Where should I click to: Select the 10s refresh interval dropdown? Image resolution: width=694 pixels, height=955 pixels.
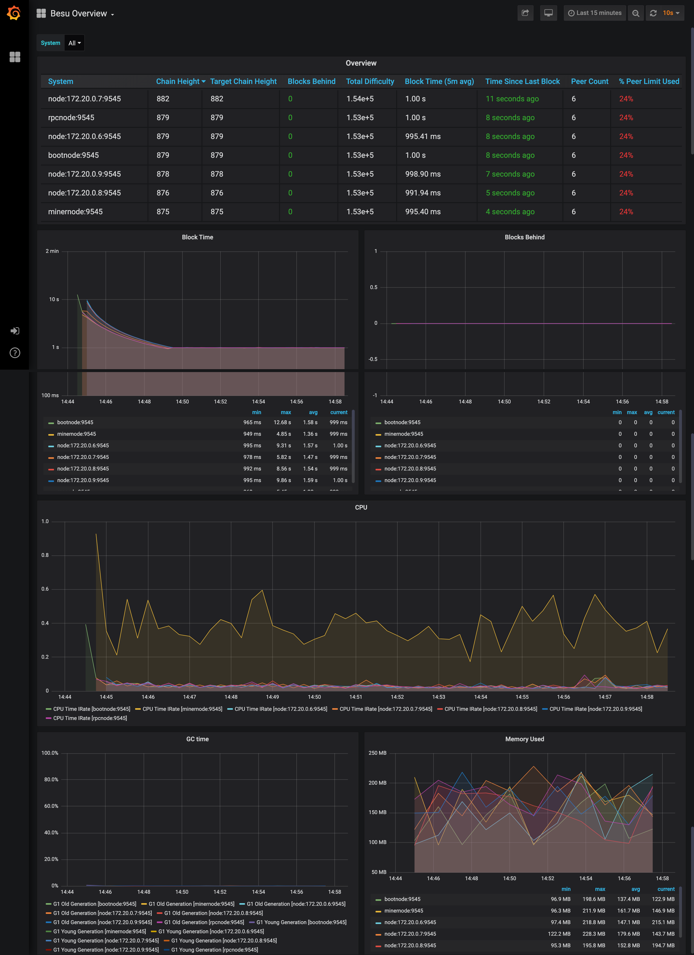(x=670, y=13)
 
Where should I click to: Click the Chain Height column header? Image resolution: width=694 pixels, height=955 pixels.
(x=178, y=81)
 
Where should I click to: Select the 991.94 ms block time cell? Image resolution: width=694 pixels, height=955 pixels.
(x=423, y=193)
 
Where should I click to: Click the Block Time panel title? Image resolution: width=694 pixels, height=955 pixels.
(x=197, y=237)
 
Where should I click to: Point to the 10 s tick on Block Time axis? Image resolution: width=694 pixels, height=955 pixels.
(x=54, y=299)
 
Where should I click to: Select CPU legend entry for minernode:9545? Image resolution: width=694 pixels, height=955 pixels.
(x=182, y=709)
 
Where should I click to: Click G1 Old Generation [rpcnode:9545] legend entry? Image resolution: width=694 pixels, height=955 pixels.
(x=204, y=922)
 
